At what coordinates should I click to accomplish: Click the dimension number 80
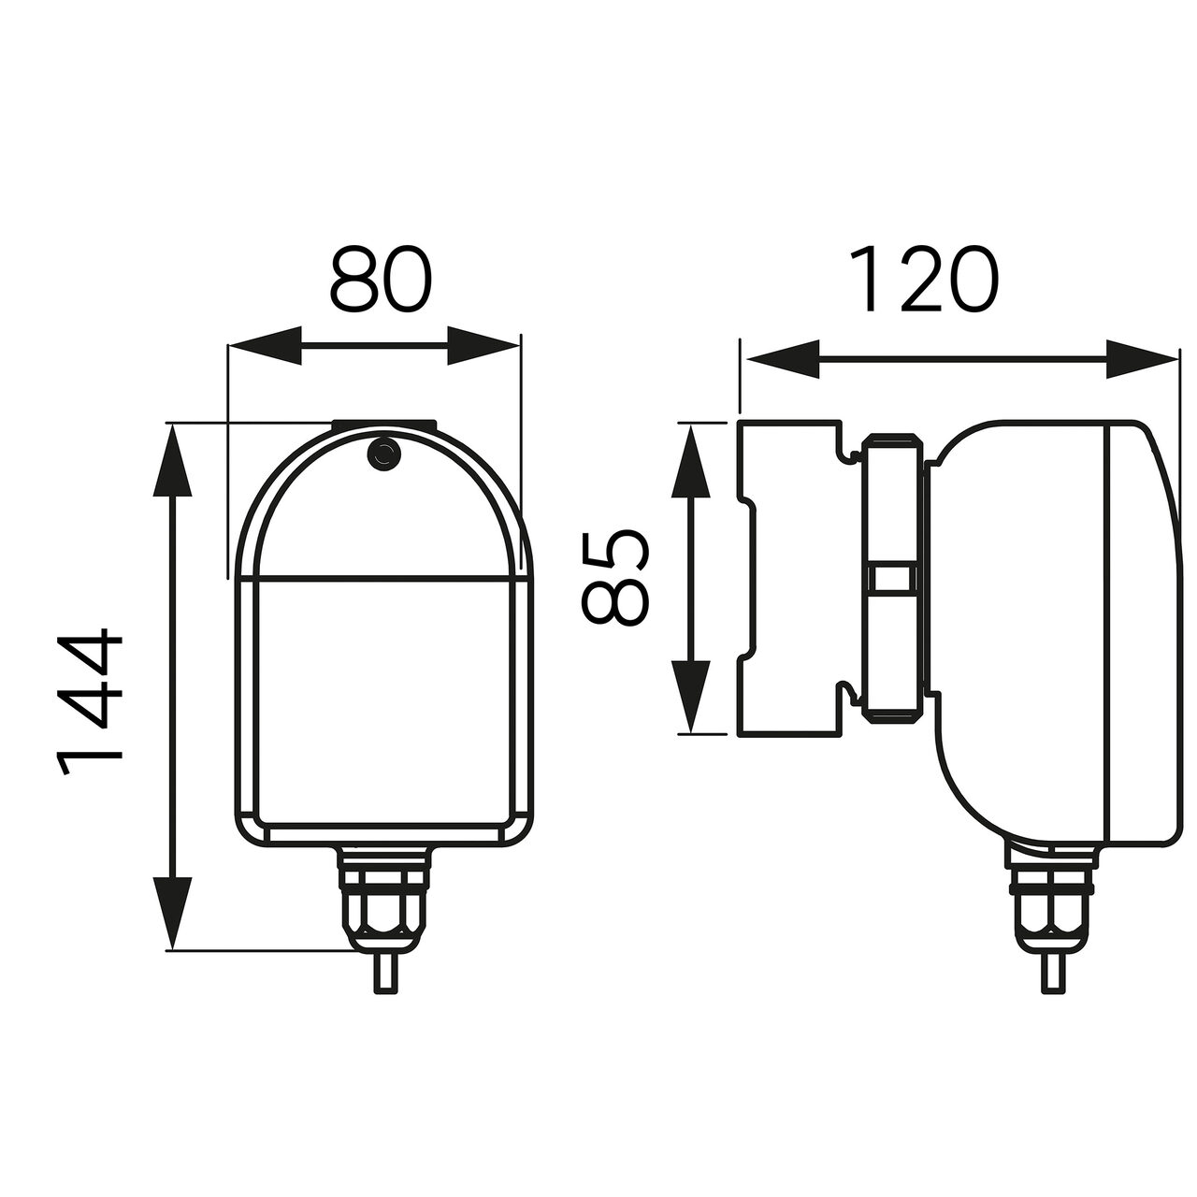[x=381, y=279]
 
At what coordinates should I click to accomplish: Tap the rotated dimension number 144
[x=90, y=703]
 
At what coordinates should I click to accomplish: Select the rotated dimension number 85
[x=615, y=577]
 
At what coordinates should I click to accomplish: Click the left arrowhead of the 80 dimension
[x=265, y=345]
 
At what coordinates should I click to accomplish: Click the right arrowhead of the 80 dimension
[x=483, y=345]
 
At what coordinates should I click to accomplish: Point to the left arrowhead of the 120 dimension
[x=783, y=359]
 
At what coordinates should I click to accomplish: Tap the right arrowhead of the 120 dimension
[x=1142, y=359]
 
